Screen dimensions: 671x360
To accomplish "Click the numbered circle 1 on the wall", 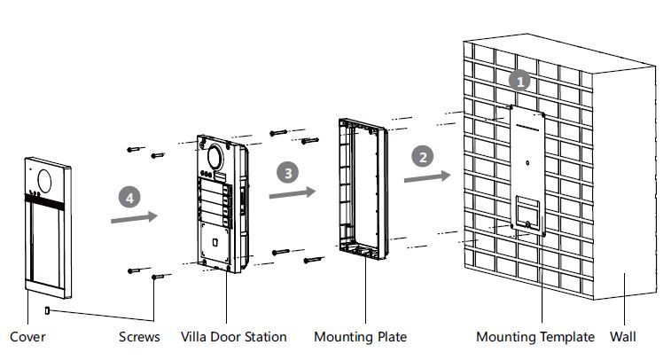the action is coord(519,81).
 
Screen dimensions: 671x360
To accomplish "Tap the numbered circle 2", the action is coord(423,157).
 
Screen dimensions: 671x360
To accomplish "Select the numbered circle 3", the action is coord(287,173).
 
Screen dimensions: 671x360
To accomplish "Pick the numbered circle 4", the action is coord(129,198).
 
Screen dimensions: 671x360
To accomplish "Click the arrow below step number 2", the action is coord(427,176).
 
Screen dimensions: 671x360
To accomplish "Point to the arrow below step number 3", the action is coord(293,192).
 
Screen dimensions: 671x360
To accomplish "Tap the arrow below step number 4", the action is coord(134,217).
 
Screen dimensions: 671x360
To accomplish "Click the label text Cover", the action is coord(27,337).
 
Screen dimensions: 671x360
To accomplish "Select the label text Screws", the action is coord(139,337).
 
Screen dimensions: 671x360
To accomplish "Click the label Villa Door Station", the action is coord(234,337).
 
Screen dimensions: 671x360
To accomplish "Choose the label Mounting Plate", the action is coord(361,337).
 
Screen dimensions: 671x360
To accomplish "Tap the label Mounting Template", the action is coord(535,337).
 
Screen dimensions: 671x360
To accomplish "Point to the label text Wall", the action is coord(622,337).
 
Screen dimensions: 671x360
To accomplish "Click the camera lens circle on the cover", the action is coord(44,181).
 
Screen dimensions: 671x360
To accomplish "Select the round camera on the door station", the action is coord(215,157).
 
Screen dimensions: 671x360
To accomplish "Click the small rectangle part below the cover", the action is coord(47,310).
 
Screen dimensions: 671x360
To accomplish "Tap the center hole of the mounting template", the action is coord(527,163).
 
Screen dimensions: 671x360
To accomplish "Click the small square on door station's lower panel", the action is coord(215,243).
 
